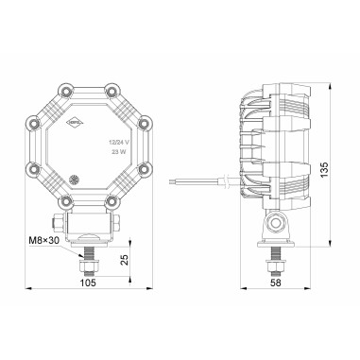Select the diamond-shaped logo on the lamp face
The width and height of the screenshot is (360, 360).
tap(75, 122)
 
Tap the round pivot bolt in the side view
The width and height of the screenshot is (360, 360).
tap(277, 223)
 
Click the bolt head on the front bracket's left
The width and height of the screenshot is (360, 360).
tap(60, 224)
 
